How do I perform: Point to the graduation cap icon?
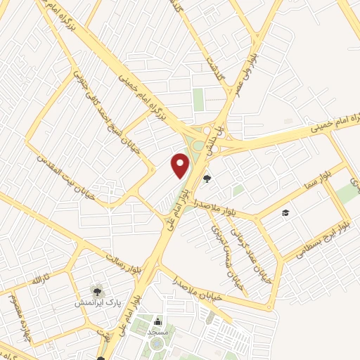pos(285,212)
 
